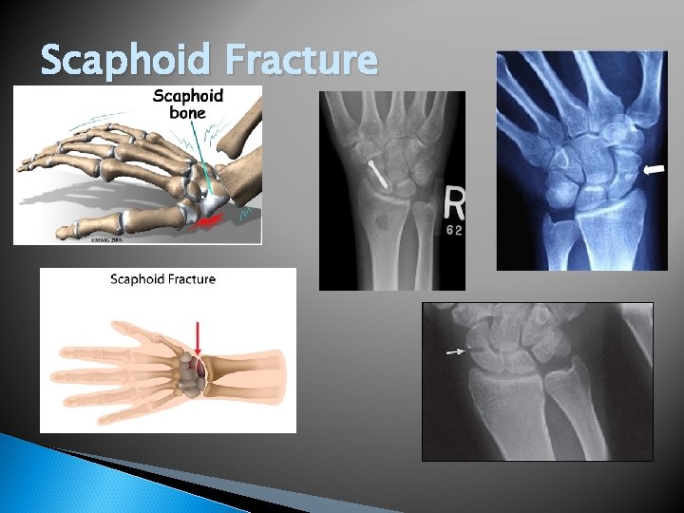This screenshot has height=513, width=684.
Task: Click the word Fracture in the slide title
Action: [304, 60]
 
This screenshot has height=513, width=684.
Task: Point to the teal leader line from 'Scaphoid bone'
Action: [202, 152]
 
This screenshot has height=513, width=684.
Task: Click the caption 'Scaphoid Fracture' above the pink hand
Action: [163, 279]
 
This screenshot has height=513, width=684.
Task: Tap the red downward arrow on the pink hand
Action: [198, 338]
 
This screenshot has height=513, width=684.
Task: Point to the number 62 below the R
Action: [454, 230]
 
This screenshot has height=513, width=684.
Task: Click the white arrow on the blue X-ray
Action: [655, 169]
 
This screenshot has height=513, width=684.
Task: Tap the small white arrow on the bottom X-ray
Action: [457, 352]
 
